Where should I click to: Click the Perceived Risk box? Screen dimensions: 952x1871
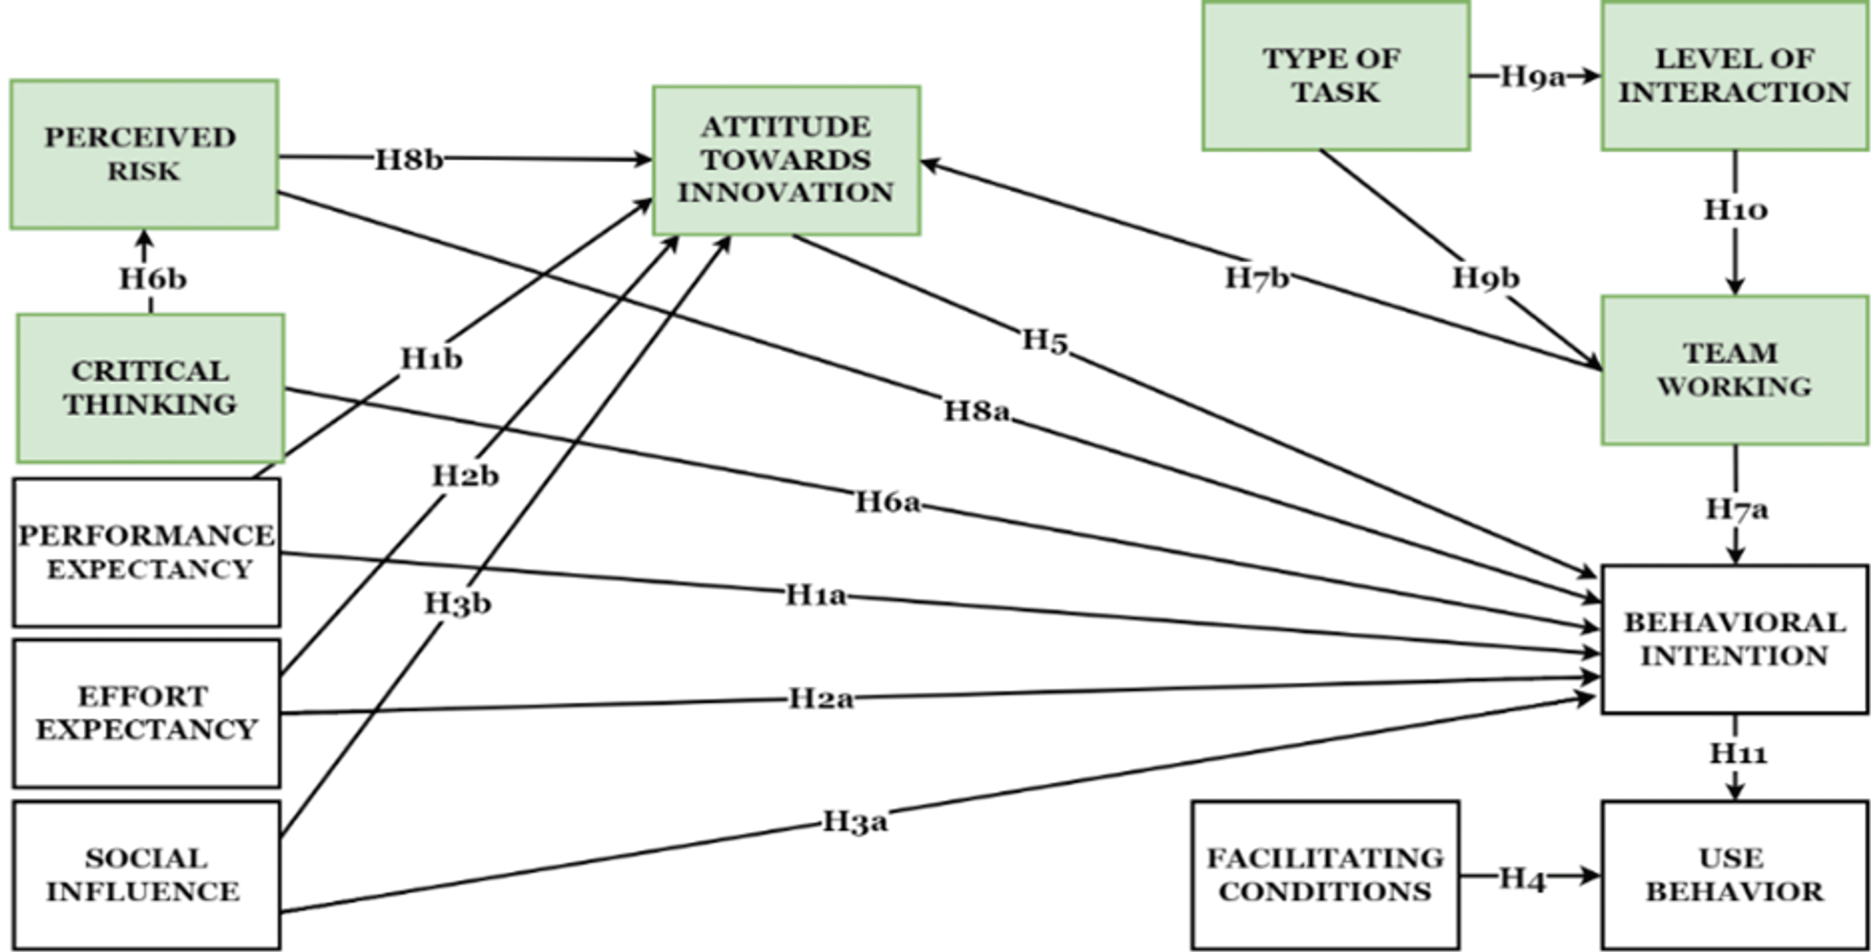coord(144,154)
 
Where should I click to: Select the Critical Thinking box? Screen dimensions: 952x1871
coord(150,388)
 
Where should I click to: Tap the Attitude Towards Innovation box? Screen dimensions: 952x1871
coord(786,160)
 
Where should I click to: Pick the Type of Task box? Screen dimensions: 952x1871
coord(1335,75)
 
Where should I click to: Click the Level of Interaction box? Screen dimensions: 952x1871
coord(1734,75)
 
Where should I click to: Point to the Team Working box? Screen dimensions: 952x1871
coord(1734,370)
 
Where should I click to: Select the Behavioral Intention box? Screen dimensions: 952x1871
coord(1734,639)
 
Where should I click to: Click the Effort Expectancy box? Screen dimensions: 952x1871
coord(146,713)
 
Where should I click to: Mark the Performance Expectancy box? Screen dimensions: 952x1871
coord(146,552)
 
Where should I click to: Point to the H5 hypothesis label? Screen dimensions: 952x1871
coord(1045,340)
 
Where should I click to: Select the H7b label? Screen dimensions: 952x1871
coord(1257,277)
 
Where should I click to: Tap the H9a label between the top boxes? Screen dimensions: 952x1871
coord(1532,76)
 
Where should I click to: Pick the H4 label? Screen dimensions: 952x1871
coord(1522,878)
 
